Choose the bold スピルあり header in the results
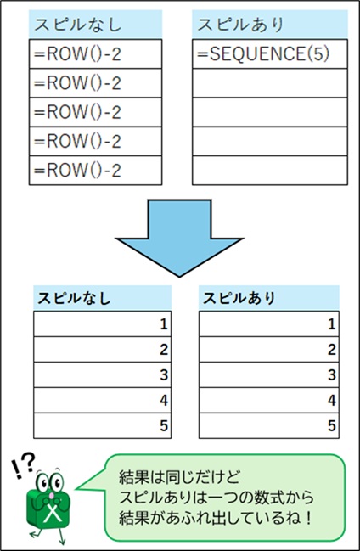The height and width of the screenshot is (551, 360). point(268,298)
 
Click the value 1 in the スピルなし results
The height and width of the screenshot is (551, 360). point(163,323)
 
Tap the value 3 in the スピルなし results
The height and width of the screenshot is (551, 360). point(163,374)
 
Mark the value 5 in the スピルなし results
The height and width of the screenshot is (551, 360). point(163,425)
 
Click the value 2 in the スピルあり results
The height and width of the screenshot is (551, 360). point(331,349)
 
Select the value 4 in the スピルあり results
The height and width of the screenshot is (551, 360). point(331,400)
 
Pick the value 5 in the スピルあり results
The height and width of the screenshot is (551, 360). point(331,425)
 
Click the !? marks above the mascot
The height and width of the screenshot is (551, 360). point(24,463)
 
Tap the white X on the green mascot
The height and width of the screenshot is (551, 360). point(53,513)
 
